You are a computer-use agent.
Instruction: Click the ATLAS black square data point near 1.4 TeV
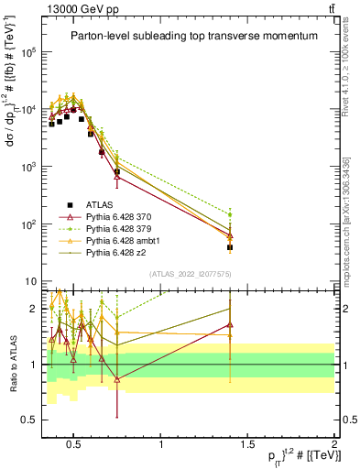click(x=230, y=247)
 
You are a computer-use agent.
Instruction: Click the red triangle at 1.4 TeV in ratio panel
click(x=230, y=324)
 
